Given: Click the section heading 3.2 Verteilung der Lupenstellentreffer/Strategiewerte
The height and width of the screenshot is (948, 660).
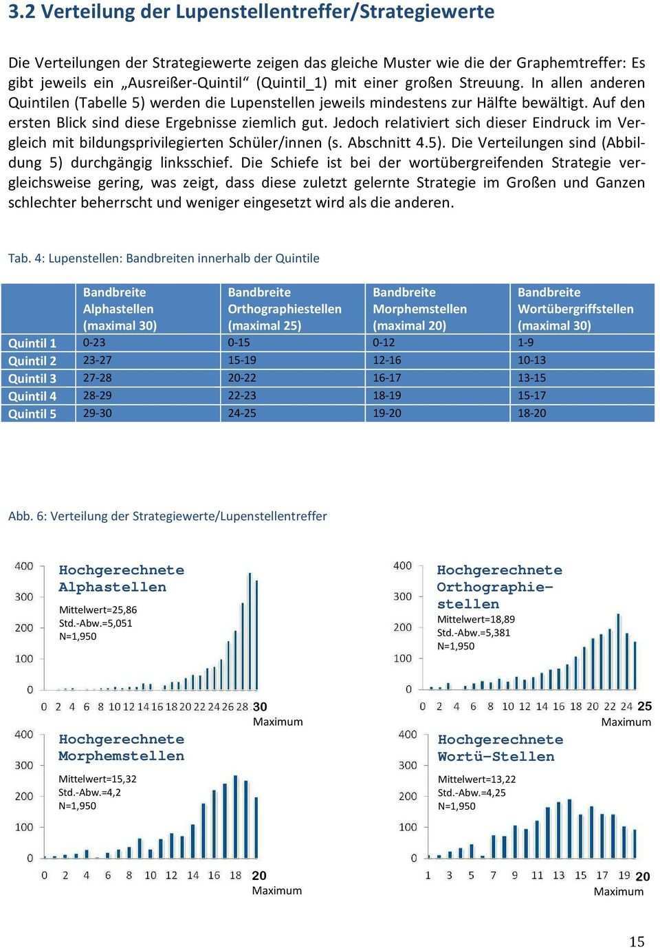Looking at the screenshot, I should pyautogui.click(x=251, y=12).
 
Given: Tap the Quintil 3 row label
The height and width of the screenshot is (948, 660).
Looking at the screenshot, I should pyautogui.click(x=32, y=378).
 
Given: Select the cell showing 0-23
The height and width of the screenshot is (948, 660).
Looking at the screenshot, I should pyautogui.click(x=94, y=343).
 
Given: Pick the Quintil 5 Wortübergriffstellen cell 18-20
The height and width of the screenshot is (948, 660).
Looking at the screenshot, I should pyautogui.click(x=531, y=413).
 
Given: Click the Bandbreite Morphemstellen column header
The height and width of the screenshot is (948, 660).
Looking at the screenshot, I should pyautogui.click(x=419, y=309).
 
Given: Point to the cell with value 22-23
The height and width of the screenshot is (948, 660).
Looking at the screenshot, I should pyautogui.click(x=242, y=396).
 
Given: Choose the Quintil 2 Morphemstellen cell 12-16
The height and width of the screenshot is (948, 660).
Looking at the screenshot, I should pyautogui.click(x=386, y=360).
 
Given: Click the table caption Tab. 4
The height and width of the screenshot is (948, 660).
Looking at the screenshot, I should pyautogui.click(x=164, y=259).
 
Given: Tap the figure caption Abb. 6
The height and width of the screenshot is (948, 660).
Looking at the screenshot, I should pyautogui.click(x=167, y=516).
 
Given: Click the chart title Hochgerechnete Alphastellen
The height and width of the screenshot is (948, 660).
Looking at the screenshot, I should pyautogui.click(x=121, y=579).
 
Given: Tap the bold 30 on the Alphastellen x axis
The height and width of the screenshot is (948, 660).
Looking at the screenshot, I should pyautogui.click(x=260, y=707).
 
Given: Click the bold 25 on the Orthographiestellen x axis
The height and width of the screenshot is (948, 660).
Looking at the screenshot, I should pyautogui.click(x=644, y=706).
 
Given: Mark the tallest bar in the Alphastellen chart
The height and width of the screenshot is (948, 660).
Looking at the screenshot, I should pyautogui.click(x=250, y=629).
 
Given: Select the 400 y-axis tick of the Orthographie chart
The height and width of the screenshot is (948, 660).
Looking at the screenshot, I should pyautogui.click(x=403, y=565).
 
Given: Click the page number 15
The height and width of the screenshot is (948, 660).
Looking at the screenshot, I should pyautogui.click(x=637, y=941).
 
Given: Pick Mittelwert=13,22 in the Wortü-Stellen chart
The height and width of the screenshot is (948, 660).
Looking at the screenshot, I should pyautogui.click(x=476, y=779).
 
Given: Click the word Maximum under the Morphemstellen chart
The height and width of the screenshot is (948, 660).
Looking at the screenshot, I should pyautogui.click(x=276, y=891).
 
